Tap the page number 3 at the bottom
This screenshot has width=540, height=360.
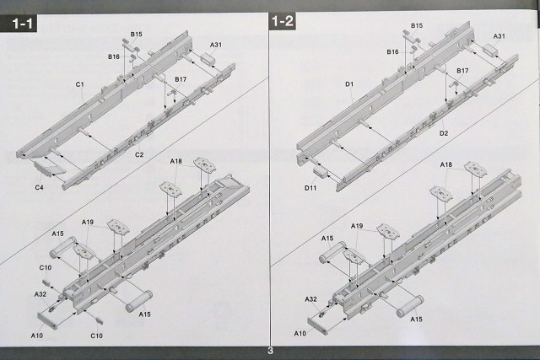point(270,351)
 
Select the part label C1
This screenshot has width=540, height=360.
point(79,84)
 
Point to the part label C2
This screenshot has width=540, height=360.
point(139,155)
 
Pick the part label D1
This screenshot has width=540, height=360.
point(348,83)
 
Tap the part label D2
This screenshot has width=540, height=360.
point(442,133)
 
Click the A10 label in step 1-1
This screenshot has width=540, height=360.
point(37,335)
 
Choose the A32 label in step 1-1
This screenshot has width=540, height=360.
point(40,293)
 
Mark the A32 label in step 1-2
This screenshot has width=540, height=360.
point(310,298)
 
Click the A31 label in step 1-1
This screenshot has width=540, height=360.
point(216,44)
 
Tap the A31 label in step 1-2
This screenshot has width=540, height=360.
point(499,36)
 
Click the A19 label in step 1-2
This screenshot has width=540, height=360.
point(357,226)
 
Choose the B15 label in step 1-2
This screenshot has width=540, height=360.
point(418,26)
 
